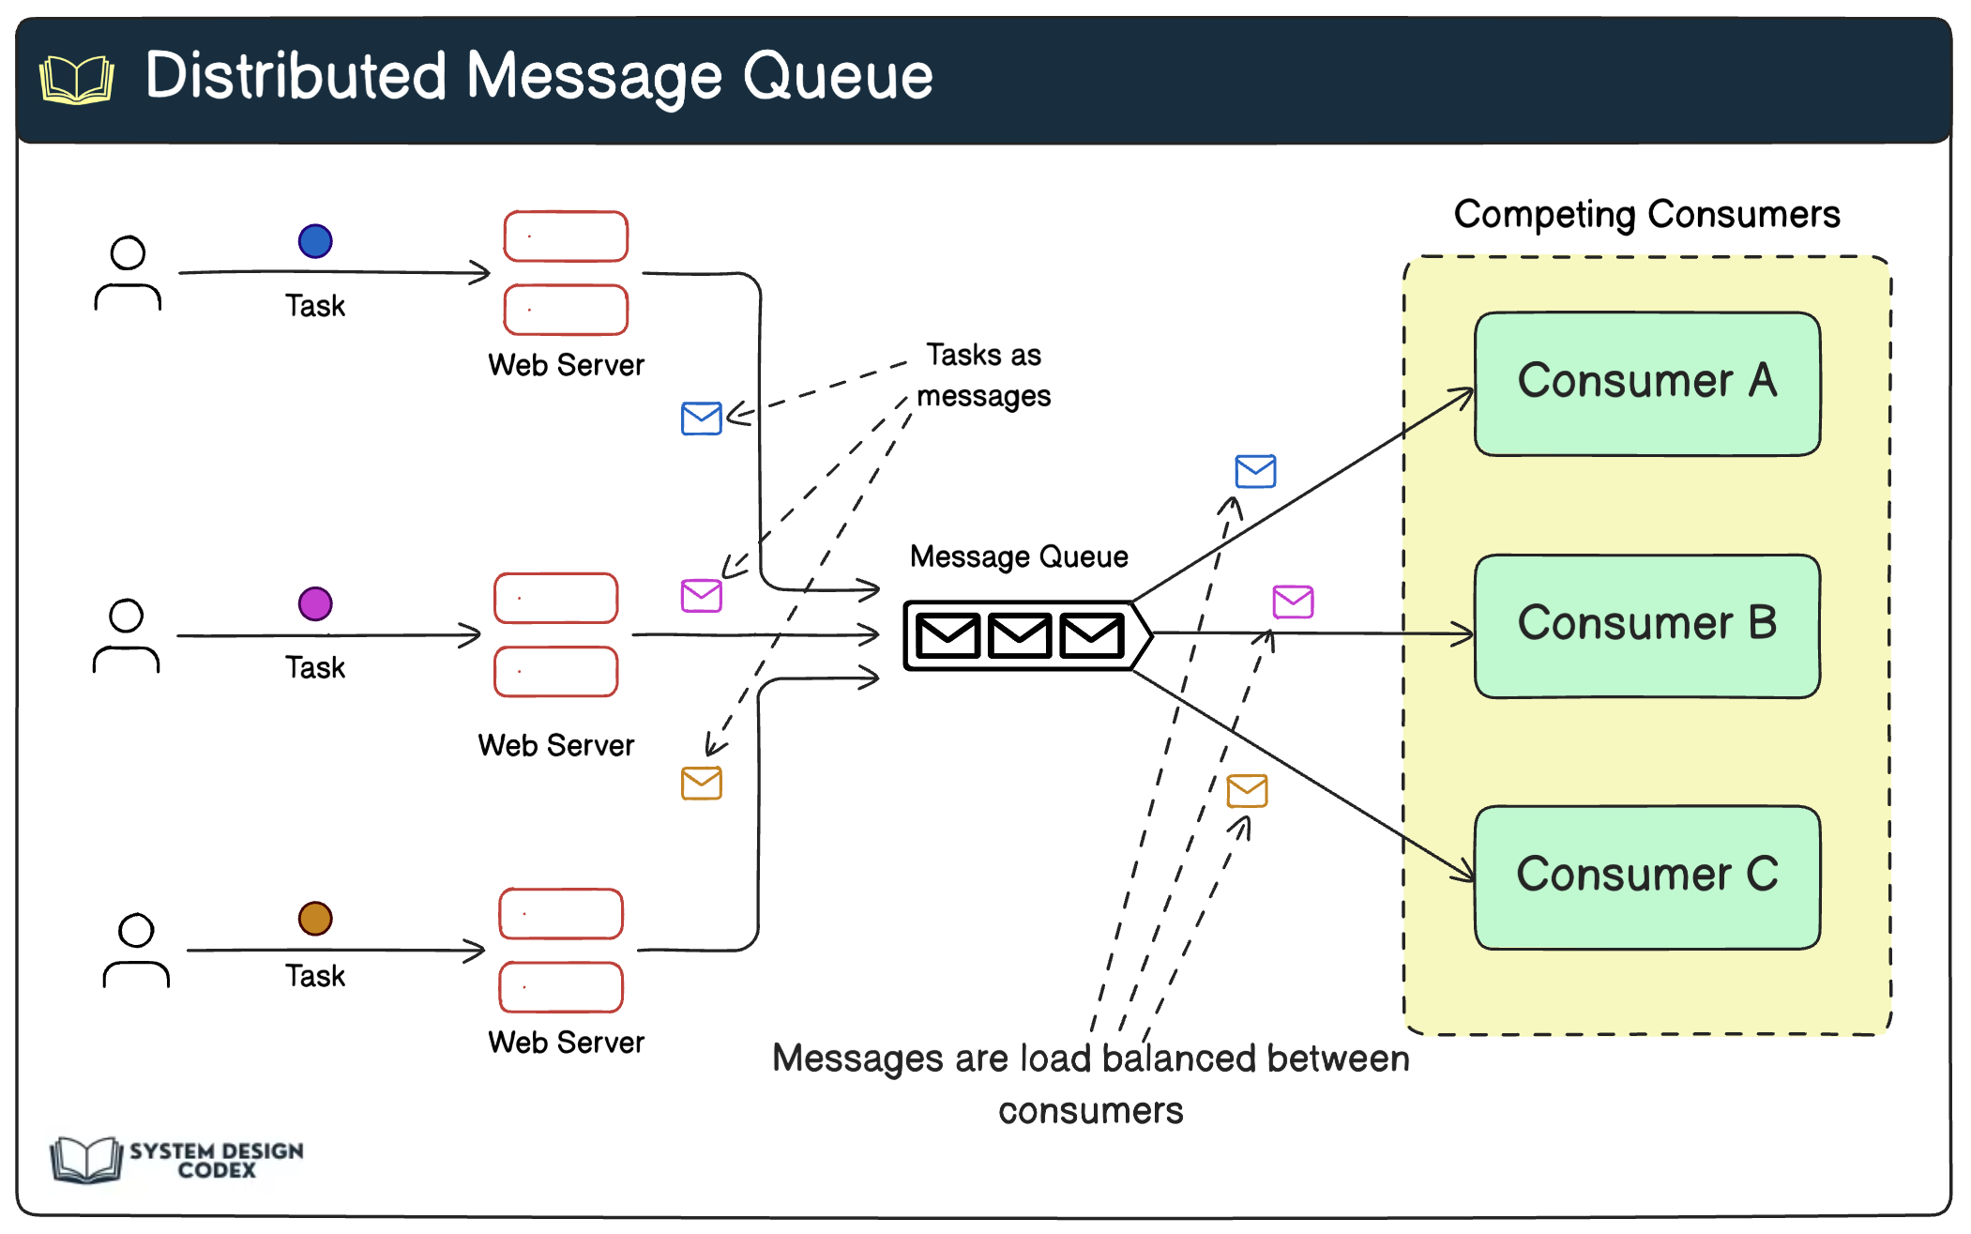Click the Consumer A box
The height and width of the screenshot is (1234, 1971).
point(1646,383)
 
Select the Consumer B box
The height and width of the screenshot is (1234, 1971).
point(1646,625)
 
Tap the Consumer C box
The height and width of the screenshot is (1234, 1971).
point(1646,876)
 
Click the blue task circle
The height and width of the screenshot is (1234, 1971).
point(315,241)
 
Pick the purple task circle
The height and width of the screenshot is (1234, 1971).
point(315,603)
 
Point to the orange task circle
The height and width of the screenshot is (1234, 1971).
point(315,918)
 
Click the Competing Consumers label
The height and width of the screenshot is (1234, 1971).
point(1646,215)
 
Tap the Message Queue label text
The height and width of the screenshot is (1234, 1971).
point(1019,556)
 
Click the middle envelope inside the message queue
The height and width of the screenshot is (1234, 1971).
point(1020,635)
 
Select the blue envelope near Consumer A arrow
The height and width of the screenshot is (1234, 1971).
point(1255,471)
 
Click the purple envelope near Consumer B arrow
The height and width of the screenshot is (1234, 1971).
point(1293,602)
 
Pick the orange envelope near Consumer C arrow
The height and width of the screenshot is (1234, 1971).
point(1247,790)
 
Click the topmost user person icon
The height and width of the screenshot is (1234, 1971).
point(128,273)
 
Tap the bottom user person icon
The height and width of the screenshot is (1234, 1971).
point(136,951)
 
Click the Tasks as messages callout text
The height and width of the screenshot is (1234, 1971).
point(983,375)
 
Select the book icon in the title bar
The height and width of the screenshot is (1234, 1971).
point(77,79)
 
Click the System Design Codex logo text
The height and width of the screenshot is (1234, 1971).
point(216,1160)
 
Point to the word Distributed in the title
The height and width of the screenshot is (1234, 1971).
point(296,76)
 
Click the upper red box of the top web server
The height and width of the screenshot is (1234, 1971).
point(566,236)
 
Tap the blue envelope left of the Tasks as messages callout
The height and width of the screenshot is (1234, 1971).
point(701,419)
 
